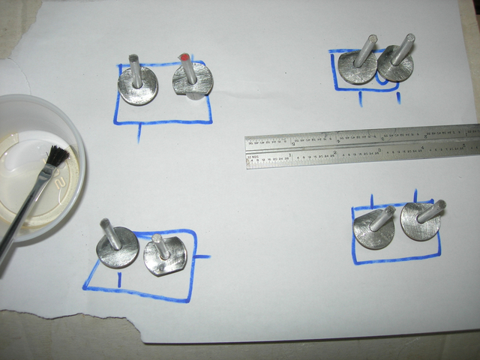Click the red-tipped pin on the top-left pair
point(184,57)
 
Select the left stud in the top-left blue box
point(137,86)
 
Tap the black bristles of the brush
point(57,157)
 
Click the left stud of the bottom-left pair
point(118,246)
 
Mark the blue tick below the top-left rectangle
point(139,133)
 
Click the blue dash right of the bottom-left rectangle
point(202,256)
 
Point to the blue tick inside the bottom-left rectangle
point(120,280)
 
